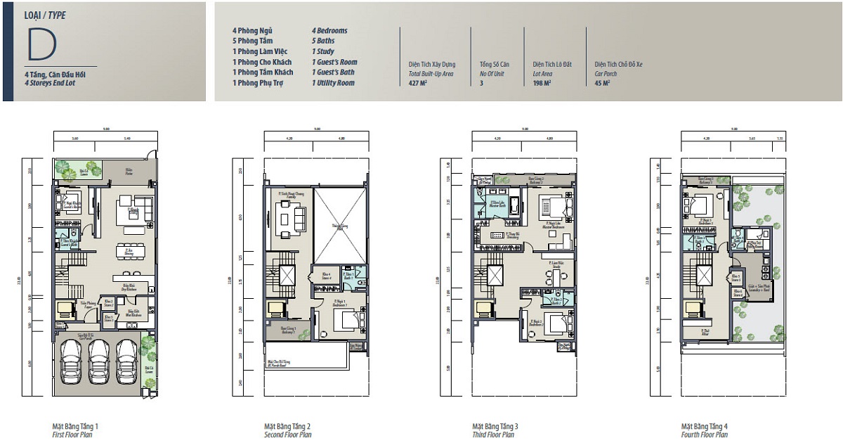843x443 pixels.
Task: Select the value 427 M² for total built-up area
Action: click(418, 83)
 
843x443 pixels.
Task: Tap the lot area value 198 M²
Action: click(542, 83)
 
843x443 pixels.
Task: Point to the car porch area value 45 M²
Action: click(602, 83)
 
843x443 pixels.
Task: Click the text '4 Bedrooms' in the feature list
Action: click(329, 31)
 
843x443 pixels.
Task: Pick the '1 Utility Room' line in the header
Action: click(333, 83)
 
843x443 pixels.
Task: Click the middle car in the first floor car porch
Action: click(100, 361)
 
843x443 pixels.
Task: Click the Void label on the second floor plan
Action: click(340, 226)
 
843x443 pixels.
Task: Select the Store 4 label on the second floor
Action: click(325, 276)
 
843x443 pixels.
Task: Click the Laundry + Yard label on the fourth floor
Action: click(759, 288)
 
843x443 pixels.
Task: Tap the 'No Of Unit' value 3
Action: click(481, 83)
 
